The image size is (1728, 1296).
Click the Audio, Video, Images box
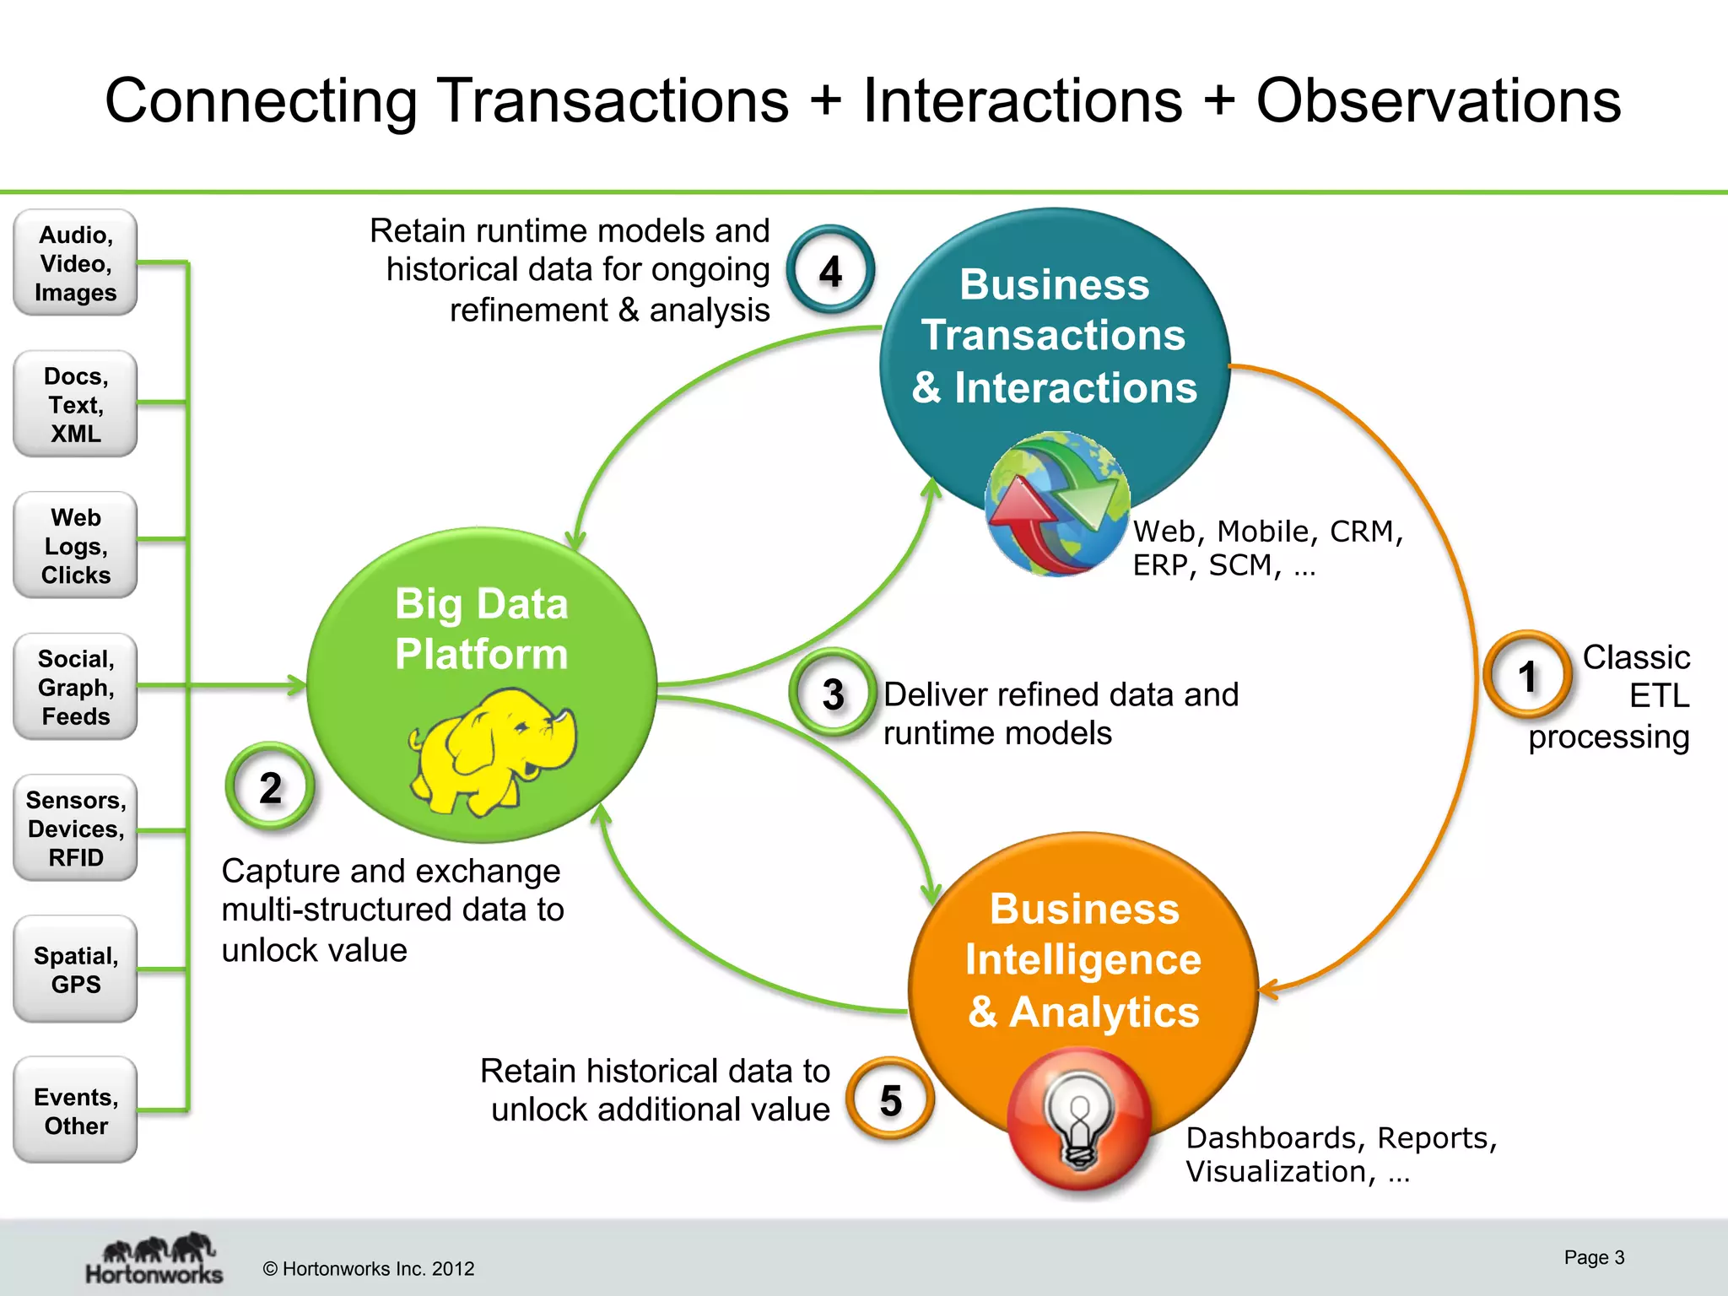75,263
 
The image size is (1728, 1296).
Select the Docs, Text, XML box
75,404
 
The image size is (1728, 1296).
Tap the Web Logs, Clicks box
75,546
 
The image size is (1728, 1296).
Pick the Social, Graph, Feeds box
75,687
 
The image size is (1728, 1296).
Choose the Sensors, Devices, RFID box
75,828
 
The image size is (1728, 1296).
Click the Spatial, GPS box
75,969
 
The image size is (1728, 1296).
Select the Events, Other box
75,1110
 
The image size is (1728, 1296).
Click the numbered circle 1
1526,676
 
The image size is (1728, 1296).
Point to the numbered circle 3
833,694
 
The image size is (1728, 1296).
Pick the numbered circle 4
830,271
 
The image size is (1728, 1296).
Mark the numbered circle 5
890,1099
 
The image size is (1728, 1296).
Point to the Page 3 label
1593,1257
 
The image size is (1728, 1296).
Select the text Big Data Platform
482,629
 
